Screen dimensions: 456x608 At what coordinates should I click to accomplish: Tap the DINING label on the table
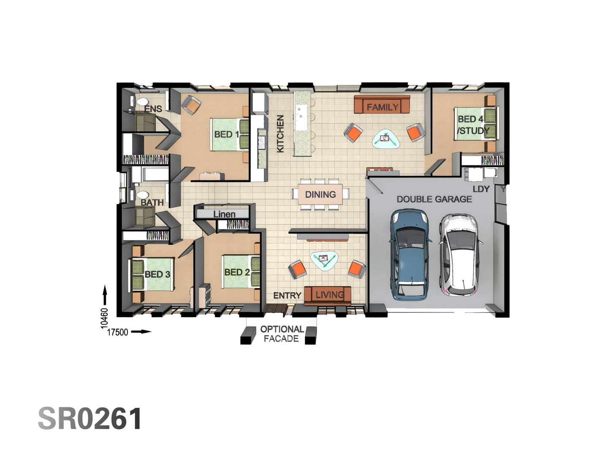(x=320, y=195)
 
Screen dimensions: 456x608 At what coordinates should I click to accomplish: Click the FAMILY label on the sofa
(x=383, y=107)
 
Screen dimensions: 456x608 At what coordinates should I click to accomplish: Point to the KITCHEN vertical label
(x=280, y=134)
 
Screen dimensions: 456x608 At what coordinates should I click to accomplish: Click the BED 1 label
(x=227, y=135)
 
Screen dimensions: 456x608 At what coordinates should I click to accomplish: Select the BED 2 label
(x=237, y=272)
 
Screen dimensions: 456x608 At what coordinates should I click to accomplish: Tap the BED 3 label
(x=157, y=274)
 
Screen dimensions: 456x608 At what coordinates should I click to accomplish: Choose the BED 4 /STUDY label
(x=472, y=125)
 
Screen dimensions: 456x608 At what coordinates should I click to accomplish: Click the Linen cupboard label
(x=224, y=214)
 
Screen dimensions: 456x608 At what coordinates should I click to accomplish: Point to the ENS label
(x=153, y=109)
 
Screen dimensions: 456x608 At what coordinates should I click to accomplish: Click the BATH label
(x=152, y=203)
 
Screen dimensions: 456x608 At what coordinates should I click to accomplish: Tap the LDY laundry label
(x=481, y=189)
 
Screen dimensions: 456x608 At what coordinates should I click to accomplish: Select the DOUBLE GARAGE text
(x=434, y=199)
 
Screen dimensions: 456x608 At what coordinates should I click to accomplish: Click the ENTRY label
(x=287, y=296)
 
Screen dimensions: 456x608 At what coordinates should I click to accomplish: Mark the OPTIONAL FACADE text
(x=282, y=334)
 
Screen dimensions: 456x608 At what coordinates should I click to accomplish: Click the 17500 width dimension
(x=117, y=332)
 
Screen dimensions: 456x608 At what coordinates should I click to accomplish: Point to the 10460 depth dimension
(x=104, y=318)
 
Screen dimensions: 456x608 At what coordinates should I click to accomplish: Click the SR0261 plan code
(x=90, y=419)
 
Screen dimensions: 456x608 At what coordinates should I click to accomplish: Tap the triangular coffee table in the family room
(x=385, y=138)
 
